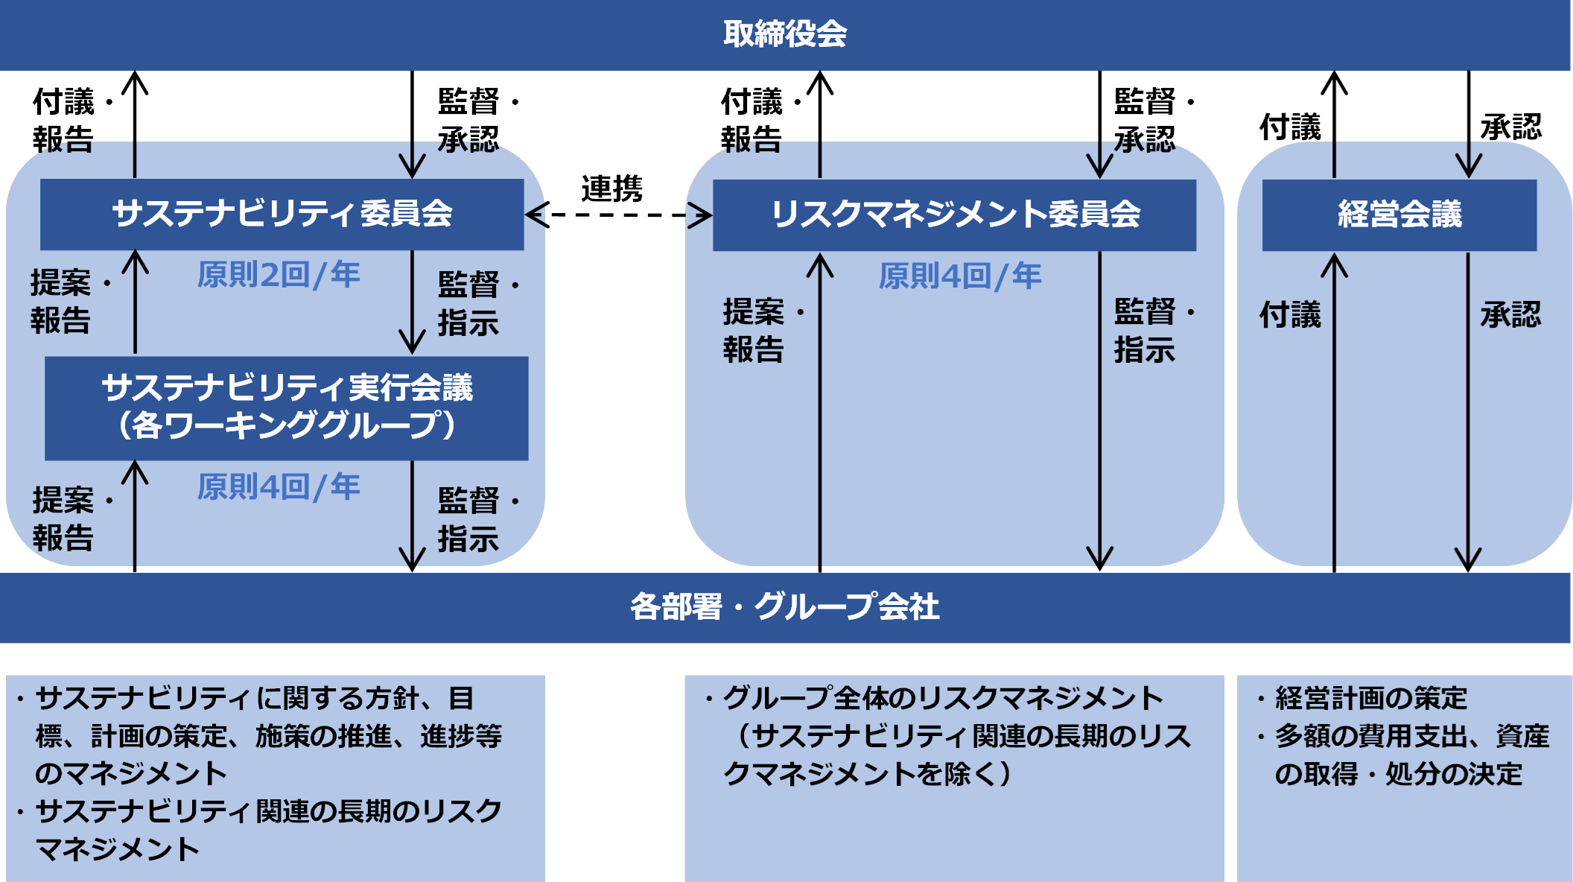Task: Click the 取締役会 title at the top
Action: [785, 34]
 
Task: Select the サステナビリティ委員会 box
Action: [282, 214]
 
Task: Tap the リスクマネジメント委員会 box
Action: [954, 215]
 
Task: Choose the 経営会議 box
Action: [1399, 215]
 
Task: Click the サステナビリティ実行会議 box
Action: [287, 407]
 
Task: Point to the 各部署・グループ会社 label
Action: [785, 607]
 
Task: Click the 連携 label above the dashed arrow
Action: [611, 188]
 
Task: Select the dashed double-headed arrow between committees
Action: [618, 216]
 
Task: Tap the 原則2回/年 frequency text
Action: [279, 275]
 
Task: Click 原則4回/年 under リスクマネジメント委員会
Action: [959, 276]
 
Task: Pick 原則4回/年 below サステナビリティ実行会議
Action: [279, 487]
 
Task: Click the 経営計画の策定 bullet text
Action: [1370, 699]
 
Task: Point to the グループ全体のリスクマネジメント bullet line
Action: [942, 699]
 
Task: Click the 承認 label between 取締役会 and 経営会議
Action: [1510, 127]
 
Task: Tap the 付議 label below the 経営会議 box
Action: [1290, 315]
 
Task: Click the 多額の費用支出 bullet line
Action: [1411, 737]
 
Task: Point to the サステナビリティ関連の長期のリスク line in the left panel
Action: [268, 811]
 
